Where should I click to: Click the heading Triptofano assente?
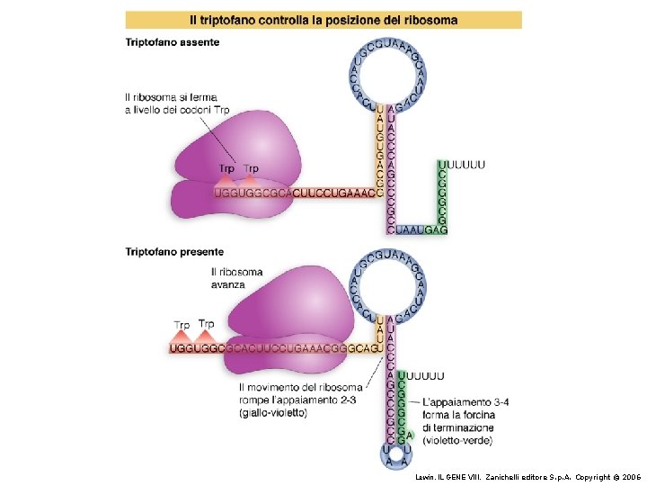(x=172, y=42)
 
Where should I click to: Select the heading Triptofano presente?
(x=174, y=252)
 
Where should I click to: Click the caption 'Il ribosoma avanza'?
(x=237, y=277)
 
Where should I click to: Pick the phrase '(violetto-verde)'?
(x=458, y=441)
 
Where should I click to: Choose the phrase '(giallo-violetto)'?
(x=273, y=413)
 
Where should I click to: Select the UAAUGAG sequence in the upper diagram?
(x=421, y=230)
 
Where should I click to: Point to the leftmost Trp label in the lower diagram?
(x=182, y=325)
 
